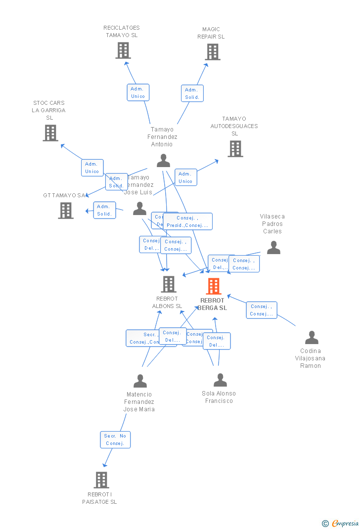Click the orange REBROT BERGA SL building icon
(213, 286)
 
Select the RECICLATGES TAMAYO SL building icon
(123, 50)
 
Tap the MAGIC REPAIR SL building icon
(213, 52)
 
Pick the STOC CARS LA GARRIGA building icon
(50, 133)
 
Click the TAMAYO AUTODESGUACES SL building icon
(235, 148)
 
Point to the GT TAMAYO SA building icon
(66, 211)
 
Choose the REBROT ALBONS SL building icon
(169, 284)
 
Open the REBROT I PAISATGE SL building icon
(101, 480)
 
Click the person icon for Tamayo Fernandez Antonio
(163, 161)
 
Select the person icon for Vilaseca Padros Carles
(273, 248)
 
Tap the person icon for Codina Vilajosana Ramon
(312, 338)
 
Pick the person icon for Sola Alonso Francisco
(220, 380)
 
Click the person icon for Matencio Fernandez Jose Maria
(140, 381)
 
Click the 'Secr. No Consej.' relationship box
(115, 440)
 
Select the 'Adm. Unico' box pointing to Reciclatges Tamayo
(138, 92)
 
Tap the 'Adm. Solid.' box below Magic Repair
(192, 93)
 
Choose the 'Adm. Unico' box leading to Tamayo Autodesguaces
(185, 177)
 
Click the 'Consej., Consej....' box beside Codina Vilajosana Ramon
(262, 310)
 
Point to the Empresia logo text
(345, 523)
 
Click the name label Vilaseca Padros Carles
(272, 223)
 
